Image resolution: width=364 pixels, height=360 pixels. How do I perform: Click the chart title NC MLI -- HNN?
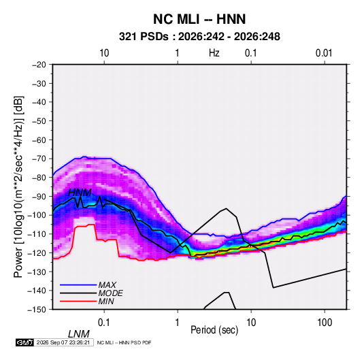pos(199,19)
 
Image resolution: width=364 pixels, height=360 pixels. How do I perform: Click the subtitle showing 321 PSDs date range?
pos(199,37)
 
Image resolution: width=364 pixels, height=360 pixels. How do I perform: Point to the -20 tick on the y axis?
pos(39,65)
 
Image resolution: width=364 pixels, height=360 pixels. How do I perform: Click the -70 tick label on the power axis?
pos(39,159)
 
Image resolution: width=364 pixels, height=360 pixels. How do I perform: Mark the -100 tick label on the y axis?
pos(37,215)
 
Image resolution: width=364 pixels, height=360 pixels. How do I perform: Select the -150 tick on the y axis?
pos(37,310)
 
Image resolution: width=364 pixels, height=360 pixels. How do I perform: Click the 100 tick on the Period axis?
pos(325,323)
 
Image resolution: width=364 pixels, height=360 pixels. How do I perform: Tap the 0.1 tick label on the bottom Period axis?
pos(104,323)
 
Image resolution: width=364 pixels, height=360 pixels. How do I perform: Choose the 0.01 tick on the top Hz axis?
pos(324,53)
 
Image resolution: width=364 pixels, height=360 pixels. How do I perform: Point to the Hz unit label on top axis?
pos(214,53)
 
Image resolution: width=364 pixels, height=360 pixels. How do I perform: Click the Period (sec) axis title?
pos(214,330)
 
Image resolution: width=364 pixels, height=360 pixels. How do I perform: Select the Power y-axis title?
pos(18,186)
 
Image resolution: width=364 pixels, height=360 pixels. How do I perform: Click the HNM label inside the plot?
pos(80,193)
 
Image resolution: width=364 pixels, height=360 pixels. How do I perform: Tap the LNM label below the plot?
pos(79,334)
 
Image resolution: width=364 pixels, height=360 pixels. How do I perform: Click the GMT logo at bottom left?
pos(25,342)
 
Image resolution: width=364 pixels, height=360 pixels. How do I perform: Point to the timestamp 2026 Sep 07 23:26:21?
pos(63,342)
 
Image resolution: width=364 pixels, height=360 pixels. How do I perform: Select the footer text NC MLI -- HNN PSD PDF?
pos(124,342)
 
